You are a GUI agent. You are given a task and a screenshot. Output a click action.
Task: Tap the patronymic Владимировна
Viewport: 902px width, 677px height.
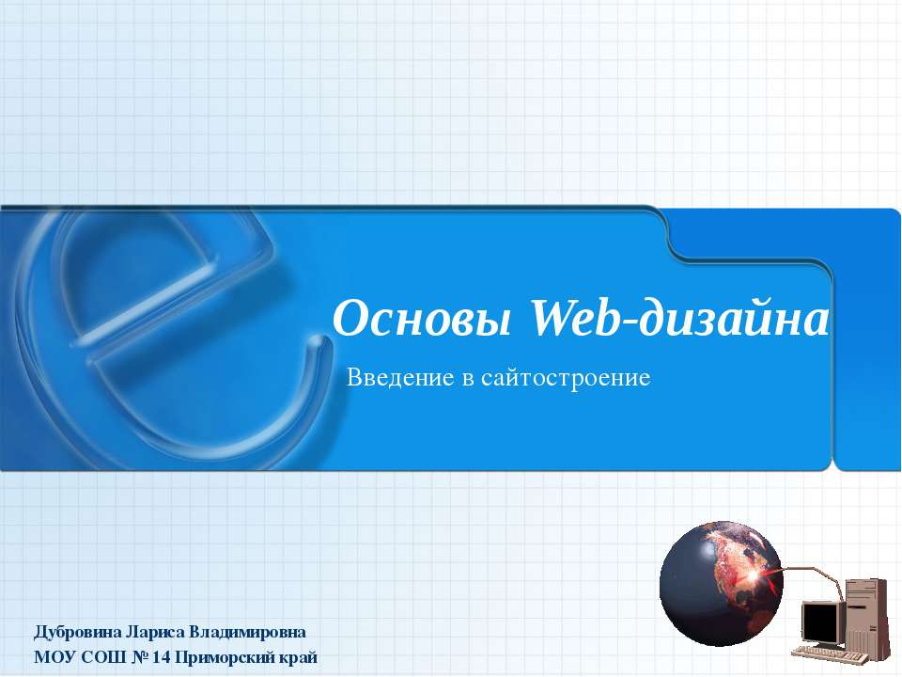(x=248, y=630)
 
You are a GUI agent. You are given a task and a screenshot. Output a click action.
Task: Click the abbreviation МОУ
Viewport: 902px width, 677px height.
(x=53, y=656)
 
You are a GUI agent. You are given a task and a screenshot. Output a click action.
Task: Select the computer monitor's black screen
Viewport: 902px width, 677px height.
(x=819, y=621)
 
